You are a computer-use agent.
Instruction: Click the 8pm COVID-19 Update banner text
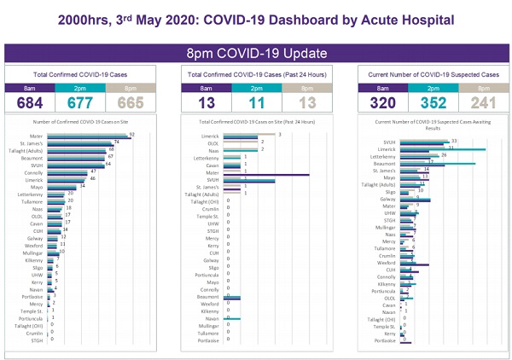(255, 53)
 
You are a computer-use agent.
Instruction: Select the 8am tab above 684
(32, 88)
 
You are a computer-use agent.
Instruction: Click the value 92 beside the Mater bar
(133, 134)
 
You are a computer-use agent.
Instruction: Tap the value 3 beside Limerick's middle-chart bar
(279, 134)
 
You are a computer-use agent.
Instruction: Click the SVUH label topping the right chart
(389, 142)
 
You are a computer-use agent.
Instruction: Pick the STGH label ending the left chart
(38, 340)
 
